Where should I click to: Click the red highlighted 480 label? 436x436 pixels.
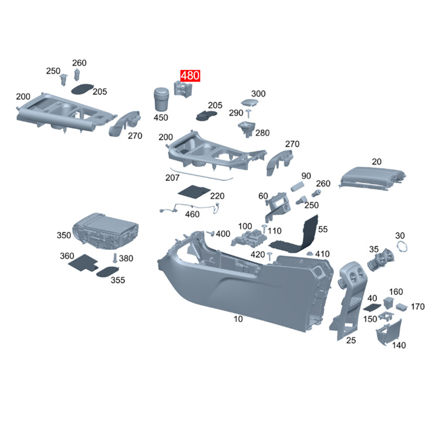point(190,75)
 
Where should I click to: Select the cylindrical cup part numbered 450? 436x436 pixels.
point(161,99)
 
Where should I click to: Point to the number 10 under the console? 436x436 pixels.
point(238,319)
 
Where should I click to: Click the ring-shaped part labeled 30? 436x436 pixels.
point(402,246)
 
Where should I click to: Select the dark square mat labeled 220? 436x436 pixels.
point(194,191)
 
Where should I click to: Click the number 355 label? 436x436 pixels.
point(118,280)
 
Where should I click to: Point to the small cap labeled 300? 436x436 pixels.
point(249,103)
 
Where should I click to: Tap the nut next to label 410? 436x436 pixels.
point(310,254)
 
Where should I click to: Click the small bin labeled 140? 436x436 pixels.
point(389,332)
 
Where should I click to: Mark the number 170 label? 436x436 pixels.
point(418,307)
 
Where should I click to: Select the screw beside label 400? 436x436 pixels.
point(211,233)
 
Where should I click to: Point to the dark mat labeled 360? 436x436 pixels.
point(82,262)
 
